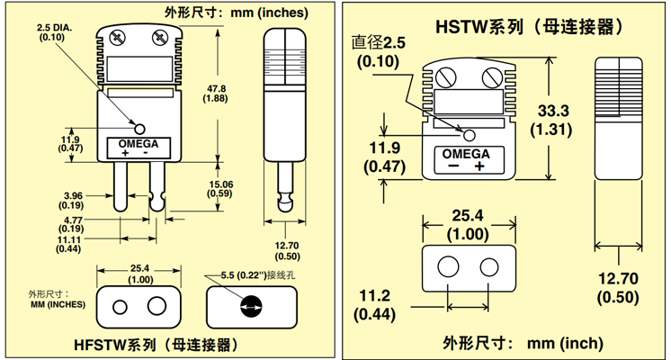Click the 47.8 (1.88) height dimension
[x=217, y=93]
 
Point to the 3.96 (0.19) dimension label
[x=75, y=199]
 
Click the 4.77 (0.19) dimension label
[x=75, y=223]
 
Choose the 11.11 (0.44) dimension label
[x=75, y=243]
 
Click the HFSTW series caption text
[x=155, y=345]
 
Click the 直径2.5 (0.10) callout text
[x=380, y=52]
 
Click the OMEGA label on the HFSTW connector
[x=138, y=144]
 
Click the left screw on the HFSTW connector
[x=117, y=38]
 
